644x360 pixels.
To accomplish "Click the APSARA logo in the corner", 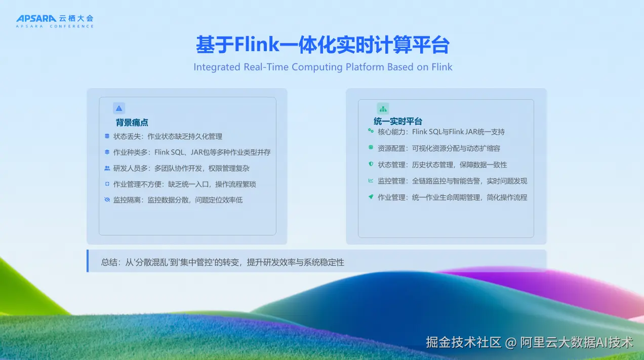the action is tap(55, 21).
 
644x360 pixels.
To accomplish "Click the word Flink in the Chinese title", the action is tap(257, 45).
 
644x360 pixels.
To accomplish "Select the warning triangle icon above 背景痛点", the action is tap(119, 108).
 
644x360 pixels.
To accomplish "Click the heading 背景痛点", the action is tap(132, 123).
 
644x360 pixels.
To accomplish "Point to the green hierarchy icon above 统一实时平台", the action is tap(383, 109).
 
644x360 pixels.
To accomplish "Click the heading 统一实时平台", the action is tap(398, 122).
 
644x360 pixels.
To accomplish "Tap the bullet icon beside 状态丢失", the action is tap(107, 136).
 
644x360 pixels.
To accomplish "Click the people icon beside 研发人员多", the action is tap(107, 168).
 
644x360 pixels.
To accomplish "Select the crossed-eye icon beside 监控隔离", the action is tap(107, 199).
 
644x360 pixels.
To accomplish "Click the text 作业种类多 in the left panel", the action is tap(130, 152).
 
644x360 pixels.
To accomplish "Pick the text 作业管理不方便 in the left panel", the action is tap(137, 184).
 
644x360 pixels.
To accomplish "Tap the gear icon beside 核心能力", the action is tap(371, 131).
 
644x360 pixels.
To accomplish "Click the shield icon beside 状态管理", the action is tap(371, 164).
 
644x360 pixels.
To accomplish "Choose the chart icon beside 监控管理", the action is tap(371, 181).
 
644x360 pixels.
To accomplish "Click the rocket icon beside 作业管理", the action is tap(371, 196).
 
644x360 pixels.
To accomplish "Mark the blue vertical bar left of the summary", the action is tap(88, 261).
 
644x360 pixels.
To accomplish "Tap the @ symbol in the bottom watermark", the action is tap(511, 343).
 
